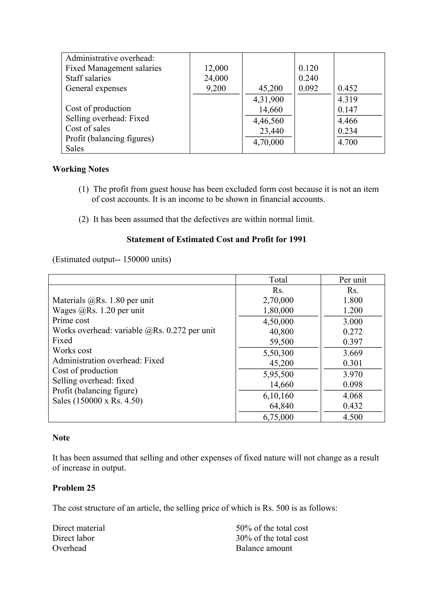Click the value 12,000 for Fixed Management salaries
[216, 68]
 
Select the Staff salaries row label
[88, 78]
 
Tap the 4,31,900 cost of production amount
[268, 100]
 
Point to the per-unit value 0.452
[347, 88]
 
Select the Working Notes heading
[81, 169]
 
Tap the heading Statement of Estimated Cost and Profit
[216, 239]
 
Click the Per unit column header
[352, 280]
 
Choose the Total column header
[278, 280]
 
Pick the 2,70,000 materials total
[278, 300]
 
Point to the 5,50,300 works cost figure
[278, 353]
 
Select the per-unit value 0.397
[352, 342]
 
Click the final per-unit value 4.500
[352, 417]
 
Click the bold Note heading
[61, 438]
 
